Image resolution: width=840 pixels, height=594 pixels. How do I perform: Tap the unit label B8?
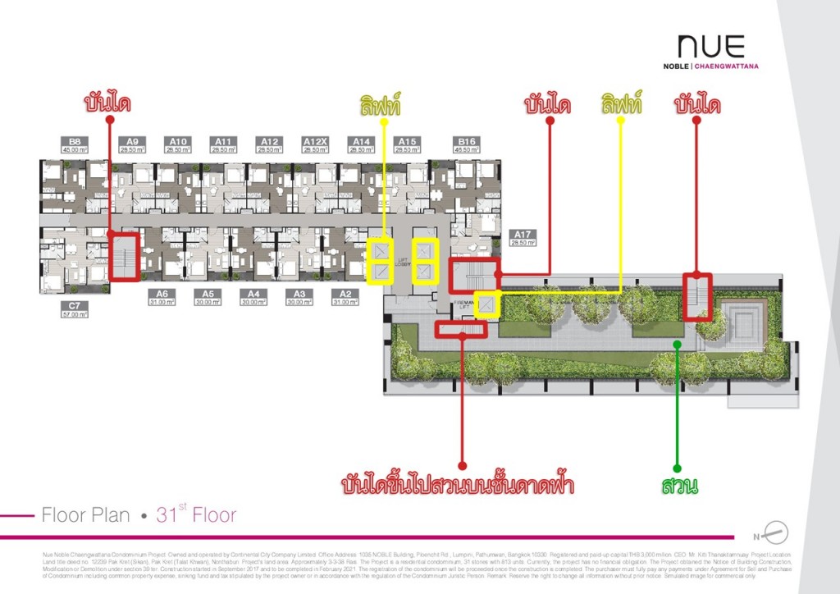tap(74, 141)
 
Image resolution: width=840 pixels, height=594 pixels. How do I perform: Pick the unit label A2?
tap(345, 294)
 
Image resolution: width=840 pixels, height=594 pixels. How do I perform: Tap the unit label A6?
tap(162, 294)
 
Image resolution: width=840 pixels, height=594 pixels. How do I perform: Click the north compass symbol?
tap(777, 531)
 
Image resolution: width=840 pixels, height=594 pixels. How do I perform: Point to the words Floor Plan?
tap(85, 515)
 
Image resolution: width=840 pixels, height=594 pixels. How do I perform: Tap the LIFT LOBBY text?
tap(403, 263)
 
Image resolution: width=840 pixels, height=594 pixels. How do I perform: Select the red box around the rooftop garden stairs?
tap(462, 329)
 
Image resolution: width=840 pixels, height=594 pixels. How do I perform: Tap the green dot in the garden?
tap(678, 344)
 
